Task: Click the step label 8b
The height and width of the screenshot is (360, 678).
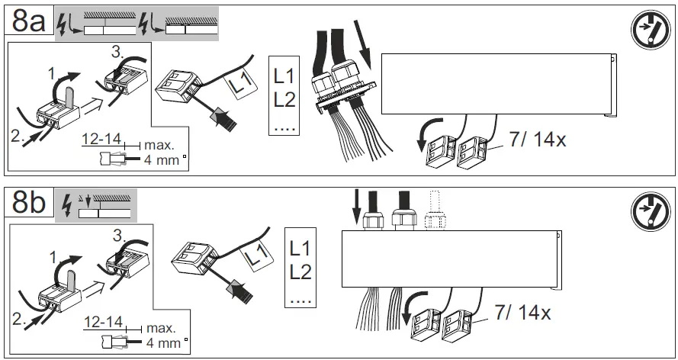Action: pyautogui.click(x=28, y=204)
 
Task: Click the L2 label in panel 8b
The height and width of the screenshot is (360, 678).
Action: pyautogui.click(x=300, y=272)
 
